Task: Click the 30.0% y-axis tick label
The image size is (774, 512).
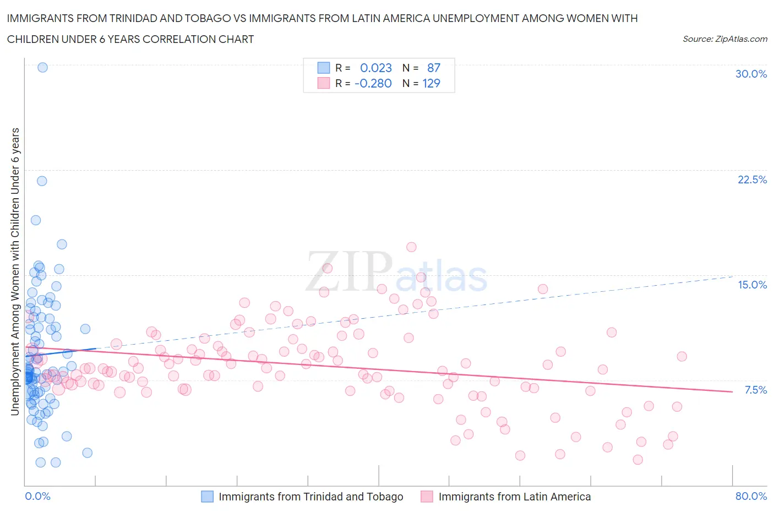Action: [x=751, y=74]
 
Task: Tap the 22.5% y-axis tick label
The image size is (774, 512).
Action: [x=752, y=179]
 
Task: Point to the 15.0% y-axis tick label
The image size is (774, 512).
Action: [x=752, y=285]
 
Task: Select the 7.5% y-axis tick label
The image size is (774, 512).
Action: [x=755, y=390]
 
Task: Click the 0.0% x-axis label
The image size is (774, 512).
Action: [x=38, y=496]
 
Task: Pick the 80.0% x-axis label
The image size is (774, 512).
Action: [x=751, y=496]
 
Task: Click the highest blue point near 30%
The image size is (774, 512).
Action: [x=42, y=67]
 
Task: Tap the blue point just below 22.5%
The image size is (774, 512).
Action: [x=42, y=181]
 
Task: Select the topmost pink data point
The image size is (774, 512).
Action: [x=411, y=247]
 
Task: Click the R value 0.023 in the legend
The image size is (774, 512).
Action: [x=375, y=68]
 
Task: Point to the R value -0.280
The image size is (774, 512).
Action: [x=373, y=83]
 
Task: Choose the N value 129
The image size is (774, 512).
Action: [x=431, y=83]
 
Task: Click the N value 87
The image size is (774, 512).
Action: [x=434, y=68]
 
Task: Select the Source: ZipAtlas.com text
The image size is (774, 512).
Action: [x=724, y=39]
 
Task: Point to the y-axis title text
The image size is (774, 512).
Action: [x=15, y=271]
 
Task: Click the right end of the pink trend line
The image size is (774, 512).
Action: [x=732, y=391]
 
